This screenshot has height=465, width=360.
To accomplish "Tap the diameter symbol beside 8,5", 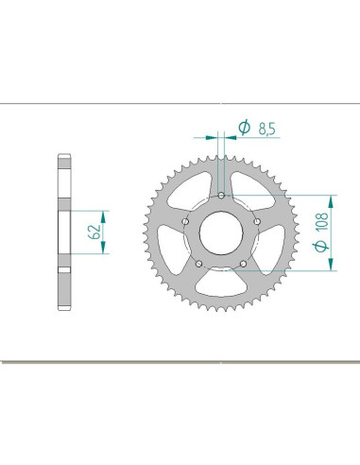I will click(243, 128).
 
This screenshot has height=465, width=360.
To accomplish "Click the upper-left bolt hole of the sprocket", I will click(186, 222).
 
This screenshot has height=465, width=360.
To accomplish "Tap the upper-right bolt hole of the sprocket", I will click(257, 222).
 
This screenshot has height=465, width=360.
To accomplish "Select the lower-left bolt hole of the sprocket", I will click(199, 263).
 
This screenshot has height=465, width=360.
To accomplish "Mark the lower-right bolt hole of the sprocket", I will click(243, 263).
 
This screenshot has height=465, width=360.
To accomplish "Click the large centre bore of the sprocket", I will click(221, 233).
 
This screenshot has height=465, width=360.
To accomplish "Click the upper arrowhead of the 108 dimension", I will click(331, 199).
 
